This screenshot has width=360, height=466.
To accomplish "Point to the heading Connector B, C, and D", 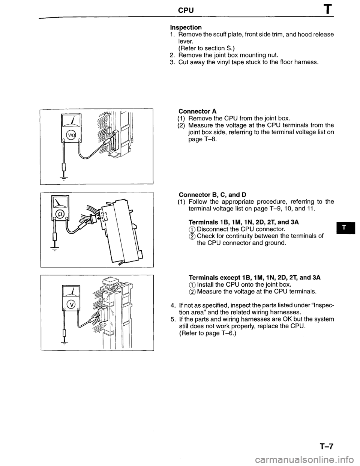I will pos(212,194).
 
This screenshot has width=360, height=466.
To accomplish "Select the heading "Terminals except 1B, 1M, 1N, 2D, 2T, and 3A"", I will pos(255,278).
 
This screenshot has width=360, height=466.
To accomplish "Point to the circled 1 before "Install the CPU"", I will pos(192,284).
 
